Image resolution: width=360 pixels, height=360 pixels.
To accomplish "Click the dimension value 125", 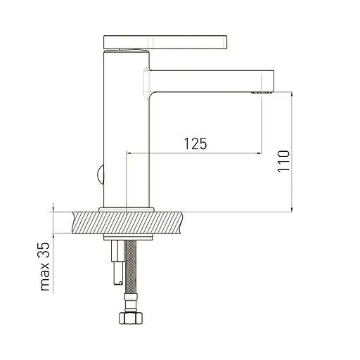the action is (195, 143).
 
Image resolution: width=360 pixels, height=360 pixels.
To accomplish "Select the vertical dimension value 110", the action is (283, 162).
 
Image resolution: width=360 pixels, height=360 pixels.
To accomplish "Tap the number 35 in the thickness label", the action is (45, 250).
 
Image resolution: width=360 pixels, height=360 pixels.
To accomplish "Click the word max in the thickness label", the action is (45, 276).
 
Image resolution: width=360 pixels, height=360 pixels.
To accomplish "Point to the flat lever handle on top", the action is (165, 42).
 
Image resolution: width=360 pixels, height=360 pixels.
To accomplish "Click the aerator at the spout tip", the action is (262, 92).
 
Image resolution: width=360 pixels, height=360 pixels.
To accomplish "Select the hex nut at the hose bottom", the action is (131, 318).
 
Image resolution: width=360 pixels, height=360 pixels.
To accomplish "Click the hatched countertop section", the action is (127, 223).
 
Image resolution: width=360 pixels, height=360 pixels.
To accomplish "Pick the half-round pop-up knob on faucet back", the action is (101, 175).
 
